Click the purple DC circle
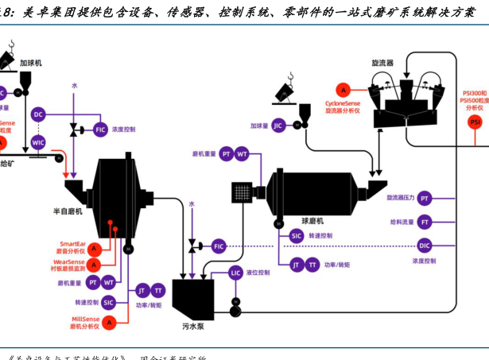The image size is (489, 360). (38, 114)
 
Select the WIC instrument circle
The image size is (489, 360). (38, 143)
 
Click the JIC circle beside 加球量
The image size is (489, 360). (278, 126)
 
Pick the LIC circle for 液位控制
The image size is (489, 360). (236, 273)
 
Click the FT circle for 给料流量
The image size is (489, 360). (425, 222)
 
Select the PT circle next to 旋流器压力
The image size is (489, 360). (425, 198)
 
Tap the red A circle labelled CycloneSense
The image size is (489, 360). (343, 89)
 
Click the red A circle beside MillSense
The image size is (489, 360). (110, 322)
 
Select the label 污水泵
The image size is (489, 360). (184, 326)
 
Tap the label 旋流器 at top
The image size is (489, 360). (384, 61)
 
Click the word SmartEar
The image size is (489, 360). (74, 244)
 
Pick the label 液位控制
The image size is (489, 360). (258, 273)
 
